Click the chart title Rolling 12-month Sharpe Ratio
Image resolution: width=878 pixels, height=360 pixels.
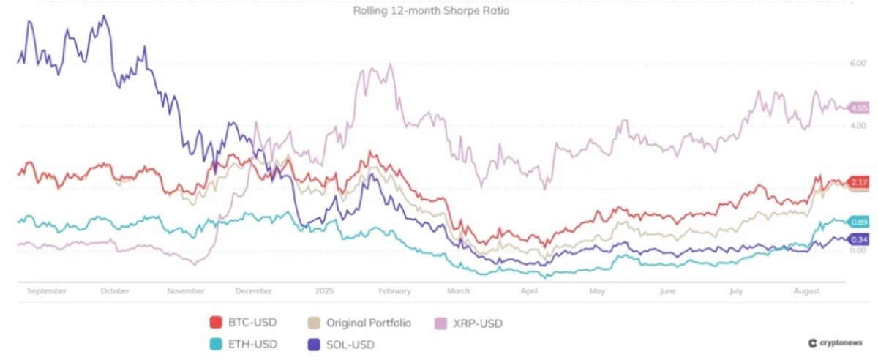431,11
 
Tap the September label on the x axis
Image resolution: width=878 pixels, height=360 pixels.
47,290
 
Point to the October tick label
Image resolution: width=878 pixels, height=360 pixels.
115,290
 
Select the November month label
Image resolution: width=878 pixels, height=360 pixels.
186,290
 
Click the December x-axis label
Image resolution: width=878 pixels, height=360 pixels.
254,290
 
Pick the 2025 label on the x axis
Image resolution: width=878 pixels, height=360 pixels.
324,290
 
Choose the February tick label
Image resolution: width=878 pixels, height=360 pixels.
394,290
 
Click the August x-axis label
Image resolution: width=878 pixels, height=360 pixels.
806,290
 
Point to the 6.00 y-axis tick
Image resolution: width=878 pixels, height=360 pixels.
857,64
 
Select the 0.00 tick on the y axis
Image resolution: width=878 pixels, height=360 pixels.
857,250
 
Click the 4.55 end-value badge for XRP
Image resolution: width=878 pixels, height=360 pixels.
858,108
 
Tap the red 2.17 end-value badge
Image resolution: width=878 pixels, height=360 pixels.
858,181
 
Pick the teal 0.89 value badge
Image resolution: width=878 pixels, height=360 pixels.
858,222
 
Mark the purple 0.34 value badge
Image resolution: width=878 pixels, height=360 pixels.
858,239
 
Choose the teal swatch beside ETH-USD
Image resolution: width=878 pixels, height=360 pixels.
216,343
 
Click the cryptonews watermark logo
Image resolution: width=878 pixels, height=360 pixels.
834,342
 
